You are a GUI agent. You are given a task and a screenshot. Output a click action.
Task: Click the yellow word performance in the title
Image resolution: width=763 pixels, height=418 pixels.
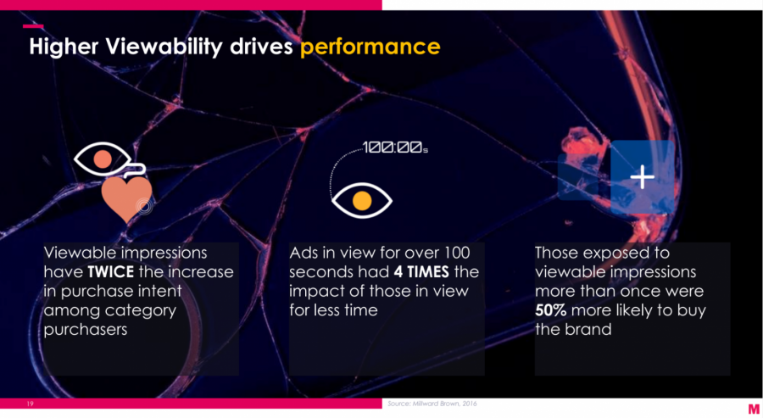pos(370,47)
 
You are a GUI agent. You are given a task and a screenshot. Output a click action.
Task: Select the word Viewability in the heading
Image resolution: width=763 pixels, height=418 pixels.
pos(164,47)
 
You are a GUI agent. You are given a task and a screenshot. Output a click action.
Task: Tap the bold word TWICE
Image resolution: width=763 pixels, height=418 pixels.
pos(111,271)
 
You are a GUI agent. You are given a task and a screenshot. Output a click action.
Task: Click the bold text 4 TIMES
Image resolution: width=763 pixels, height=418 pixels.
pos(421,271)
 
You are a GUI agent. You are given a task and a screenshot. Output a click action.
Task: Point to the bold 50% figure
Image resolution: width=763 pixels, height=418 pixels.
pos(551,310)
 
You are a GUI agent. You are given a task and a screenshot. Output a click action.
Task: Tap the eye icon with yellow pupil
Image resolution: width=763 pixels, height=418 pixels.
pos(361,200)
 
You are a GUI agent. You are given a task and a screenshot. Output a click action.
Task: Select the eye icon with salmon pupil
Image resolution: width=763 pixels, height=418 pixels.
pos(103,159)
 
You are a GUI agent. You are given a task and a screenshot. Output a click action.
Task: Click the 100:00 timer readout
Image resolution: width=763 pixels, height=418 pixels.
pos(394,147)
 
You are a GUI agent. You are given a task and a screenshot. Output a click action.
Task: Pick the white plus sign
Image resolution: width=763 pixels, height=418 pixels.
pos(643,176)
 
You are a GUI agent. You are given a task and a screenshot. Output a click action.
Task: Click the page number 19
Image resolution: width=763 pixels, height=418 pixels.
pos(31,404)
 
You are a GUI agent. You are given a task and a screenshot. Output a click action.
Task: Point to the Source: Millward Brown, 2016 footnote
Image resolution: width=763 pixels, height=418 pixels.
pos(432,404)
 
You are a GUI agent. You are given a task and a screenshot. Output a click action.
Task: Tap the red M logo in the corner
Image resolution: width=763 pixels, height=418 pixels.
pos(754,410)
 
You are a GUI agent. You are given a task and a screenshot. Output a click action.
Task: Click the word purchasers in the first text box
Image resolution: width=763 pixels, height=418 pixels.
pos(86,330)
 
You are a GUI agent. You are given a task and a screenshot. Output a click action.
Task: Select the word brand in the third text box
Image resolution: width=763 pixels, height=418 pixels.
pos(589,330)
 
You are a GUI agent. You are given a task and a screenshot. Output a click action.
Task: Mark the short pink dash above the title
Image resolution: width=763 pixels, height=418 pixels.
pos(33,26)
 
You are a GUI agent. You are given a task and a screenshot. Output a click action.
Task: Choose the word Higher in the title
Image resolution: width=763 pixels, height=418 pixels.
pos(64,47)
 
